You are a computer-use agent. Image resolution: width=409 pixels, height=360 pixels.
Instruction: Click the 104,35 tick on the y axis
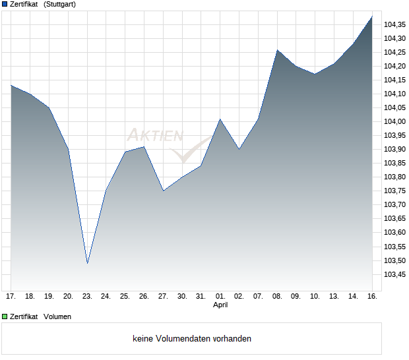[395, 24]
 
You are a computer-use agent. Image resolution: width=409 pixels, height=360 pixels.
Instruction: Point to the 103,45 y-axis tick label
[395, 275]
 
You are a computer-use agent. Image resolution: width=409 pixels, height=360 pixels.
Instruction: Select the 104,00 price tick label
[395, 121]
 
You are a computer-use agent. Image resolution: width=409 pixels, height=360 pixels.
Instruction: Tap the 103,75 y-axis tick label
[395, 191]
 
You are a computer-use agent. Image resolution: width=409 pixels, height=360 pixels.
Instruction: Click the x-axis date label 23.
[87, 296]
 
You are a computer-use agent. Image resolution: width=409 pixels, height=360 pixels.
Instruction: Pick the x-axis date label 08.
[277, 296]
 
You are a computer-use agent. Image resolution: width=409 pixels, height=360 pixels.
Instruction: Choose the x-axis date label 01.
[220, 296]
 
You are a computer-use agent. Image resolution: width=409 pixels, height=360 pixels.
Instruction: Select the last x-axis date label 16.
[372, 296]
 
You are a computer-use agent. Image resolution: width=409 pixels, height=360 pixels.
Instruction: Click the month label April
[220, 305]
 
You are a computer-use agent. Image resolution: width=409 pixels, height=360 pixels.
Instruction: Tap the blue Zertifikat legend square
[5, 5]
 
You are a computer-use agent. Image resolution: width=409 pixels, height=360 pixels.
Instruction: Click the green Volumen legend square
[5, 316]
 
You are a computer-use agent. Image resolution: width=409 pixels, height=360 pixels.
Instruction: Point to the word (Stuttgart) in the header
[59, 5]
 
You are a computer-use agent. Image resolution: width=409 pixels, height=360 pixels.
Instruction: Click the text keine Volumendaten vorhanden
[192, 339]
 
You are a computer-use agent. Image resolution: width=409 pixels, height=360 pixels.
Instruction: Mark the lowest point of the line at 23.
[87, 264]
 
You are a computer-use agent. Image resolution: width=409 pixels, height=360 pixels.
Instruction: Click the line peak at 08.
[278, 50]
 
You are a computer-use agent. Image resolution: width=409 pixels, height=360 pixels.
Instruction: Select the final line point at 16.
[372, 16]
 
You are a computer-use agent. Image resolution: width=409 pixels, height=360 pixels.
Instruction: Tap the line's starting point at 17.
[11, 85]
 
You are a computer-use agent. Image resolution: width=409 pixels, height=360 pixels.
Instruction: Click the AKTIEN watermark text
[154, 136]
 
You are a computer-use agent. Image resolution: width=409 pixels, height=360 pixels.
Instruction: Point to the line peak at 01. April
[220, 119]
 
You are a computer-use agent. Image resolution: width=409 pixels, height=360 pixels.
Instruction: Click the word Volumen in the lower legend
[57, 316]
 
